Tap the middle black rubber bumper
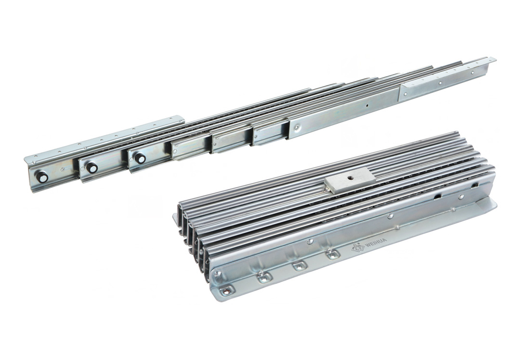pos(92,168)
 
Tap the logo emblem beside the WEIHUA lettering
pos(357,248)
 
